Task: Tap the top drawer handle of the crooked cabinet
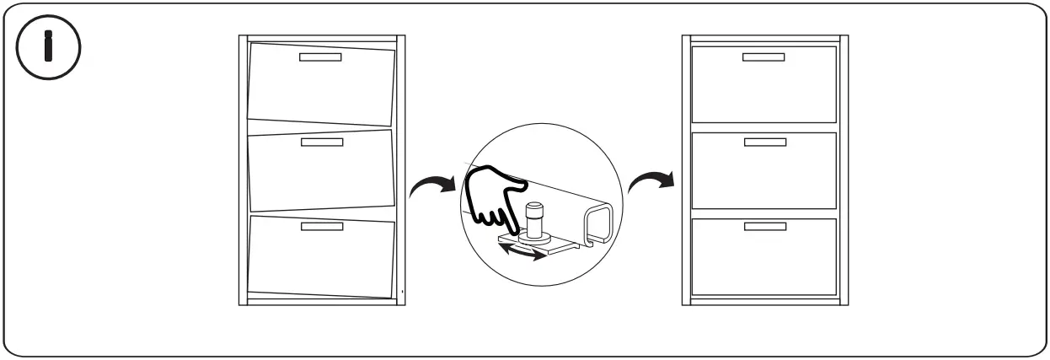[x=321, y=57]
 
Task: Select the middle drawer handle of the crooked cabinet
[x=322, y=142]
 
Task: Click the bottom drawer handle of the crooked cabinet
[x=322, y=228]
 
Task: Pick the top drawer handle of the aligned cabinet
[x=763, y=57]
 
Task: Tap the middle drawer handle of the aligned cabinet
[x=764, y=142]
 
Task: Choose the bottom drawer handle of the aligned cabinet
[x=764, y=227]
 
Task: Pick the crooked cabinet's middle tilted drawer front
[x=321, y=173]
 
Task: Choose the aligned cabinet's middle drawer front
[x=764, y=173]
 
